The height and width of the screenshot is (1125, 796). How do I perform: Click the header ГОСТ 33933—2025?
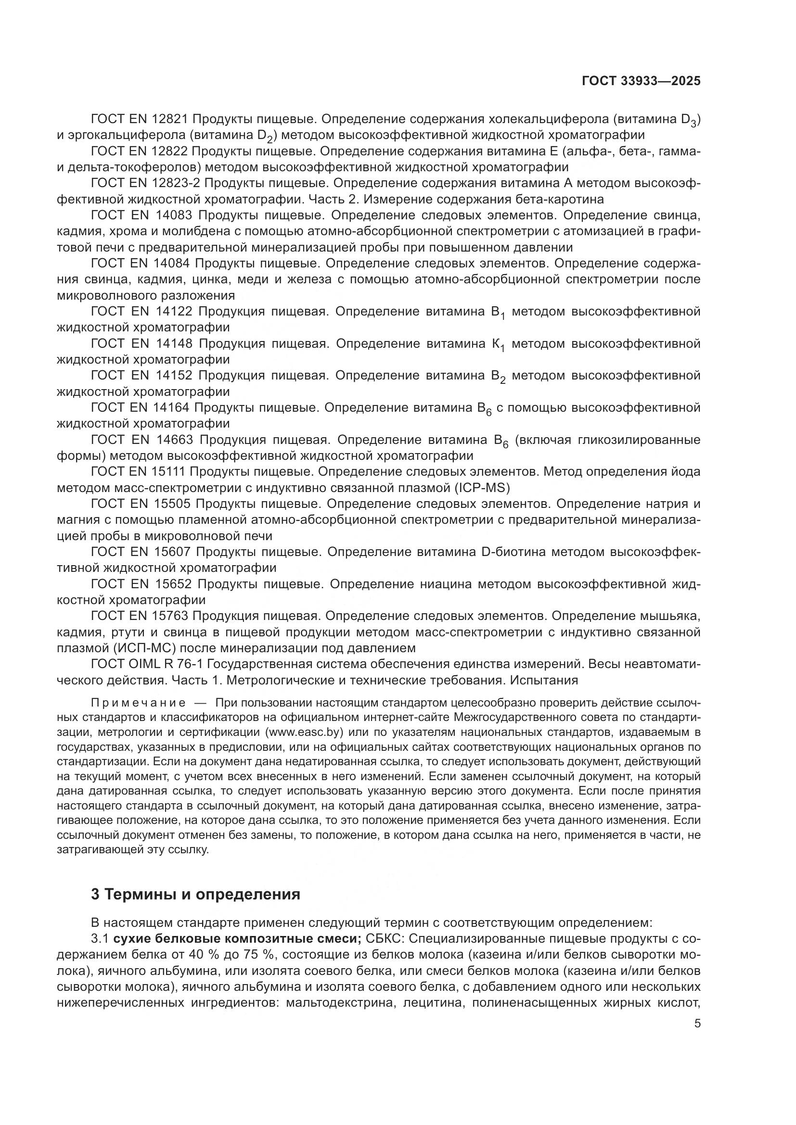(x=641, y=81)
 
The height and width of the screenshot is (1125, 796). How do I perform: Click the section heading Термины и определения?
(x=195, y=894)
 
